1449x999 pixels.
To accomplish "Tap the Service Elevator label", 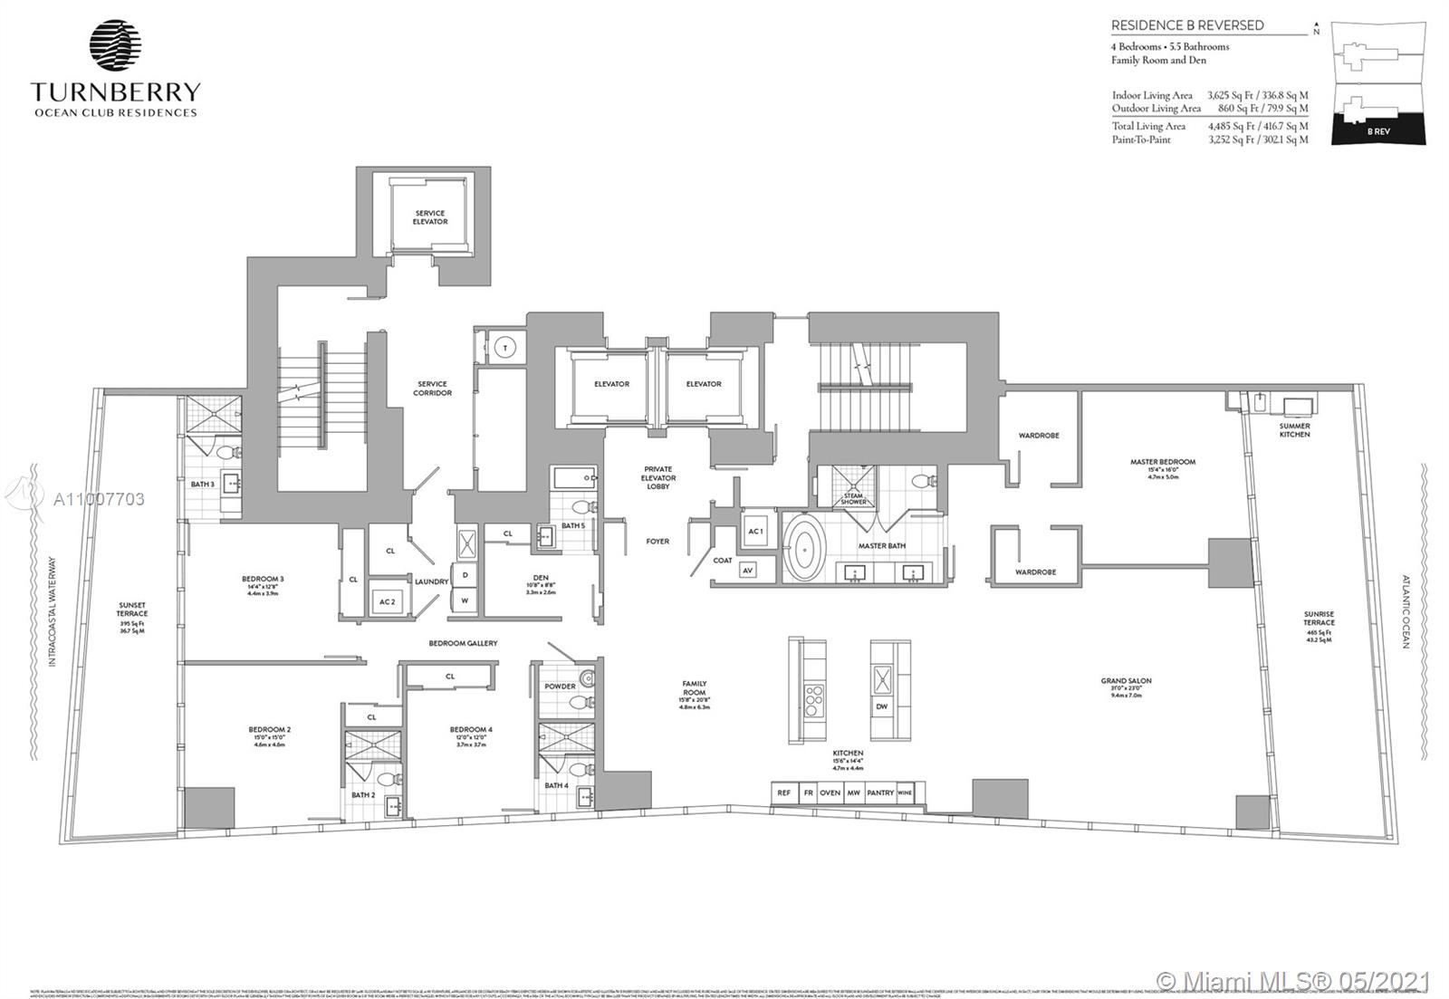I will pyautogui.click(x=430, y=217).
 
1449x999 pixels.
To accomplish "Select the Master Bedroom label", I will pyautogui.click(x=1162, y=462).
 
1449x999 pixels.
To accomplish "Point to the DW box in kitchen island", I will pyautogui.click(x=880, y=706).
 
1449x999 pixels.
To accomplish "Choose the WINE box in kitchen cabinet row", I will pyautogui.click(x=904, y=793).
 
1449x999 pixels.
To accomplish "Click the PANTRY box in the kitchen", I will pyautogui.click(x=879, y=793).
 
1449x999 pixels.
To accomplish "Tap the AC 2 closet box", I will pyautogui.click(x=388, y=602).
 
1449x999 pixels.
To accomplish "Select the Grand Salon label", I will pyautogui.click(x=1126, y=681).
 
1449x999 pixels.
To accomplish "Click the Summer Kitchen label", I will pyautogui.click(x=1294, y=430).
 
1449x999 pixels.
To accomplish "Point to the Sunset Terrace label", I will pyautogui.click(x=132, y=610).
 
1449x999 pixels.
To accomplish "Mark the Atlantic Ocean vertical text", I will pyautogui.click(x=1406, y=612).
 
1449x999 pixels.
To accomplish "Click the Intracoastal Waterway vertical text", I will pyautogui.click(x=53, y=612).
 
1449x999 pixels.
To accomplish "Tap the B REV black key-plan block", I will pyautogui.click(x=1378, y=130).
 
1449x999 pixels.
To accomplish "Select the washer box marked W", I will pyautogui.click(x=465, y=600).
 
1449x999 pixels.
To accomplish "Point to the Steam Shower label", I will pyautogui.click(x=853, y=499).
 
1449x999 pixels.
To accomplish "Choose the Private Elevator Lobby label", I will pyautogui.click(x=658, y=478).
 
